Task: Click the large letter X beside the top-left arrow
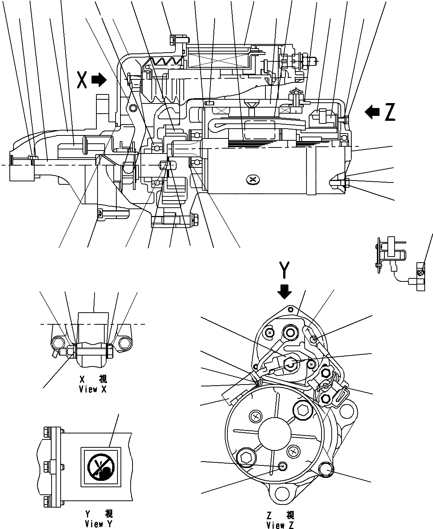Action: [83, 80]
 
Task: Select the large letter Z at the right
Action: [390, 112]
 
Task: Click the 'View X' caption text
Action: [93, 389]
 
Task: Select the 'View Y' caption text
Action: [98, 523]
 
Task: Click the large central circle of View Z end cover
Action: [274, 433]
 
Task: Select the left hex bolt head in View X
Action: [58, 343]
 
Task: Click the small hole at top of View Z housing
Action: [290, 309]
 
